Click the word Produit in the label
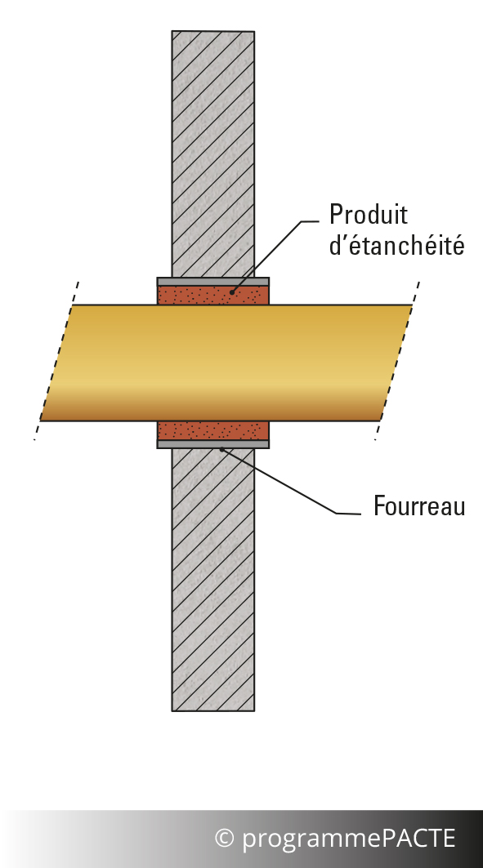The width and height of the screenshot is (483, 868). pos(369,214)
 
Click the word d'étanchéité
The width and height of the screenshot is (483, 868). pos(396,245)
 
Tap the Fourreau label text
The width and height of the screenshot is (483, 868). pos(419,506)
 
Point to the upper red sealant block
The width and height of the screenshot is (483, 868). pos(213,295)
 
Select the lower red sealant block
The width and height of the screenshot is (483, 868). pos(213,430)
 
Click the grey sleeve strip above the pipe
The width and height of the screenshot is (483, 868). pos(213,282)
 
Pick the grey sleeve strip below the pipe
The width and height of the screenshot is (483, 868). pos(213,444)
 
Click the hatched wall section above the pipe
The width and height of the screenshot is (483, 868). pos(213,154)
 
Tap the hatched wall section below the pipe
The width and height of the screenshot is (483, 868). pos(213,580)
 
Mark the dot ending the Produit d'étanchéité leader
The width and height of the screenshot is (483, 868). pos(232,292)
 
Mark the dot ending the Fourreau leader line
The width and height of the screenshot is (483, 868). pos(222,449)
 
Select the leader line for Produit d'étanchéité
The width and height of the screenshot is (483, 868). pos(275,256)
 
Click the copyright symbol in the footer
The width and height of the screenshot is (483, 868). pos(224,838)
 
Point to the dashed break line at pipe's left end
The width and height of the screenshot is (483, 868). pos(56,361)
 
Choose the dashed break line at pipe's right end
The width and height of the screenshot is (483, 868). pos(397,361)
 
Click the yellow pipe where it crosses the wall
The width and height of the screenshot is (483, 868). pos(213,363)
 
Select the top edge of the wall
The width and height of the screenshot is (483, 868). pos(213,31)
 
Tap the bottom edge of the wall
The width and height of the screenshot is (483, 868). pos(213,710)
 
